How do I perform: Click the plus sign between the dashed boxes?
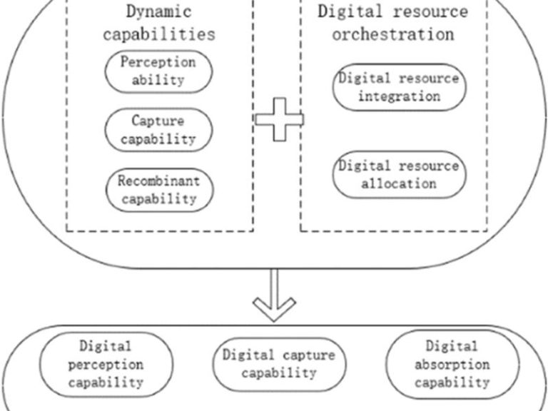(x=279, y=120)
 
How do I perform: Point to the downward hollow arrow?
(x=274, y=295)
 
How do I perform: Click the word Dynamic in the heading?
(x=158, y=11)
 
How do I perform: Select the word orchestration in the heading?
(x=393, y=34)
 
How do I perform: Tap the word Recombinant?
(x=158, y=181)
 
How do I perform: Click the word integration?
(x=400, y=96)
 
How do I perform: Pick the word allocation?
(x=399, y=183)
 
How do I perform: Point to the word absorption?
(x=452, y=365)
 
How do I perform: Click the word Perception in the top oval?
(x=158, y=63)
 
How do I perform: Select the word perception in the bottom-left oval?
(x=106, y=365)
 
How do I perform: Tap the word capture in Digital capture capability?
(x=309, y=356)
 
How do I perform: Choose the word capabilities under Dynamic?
(x=159, y=34)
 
